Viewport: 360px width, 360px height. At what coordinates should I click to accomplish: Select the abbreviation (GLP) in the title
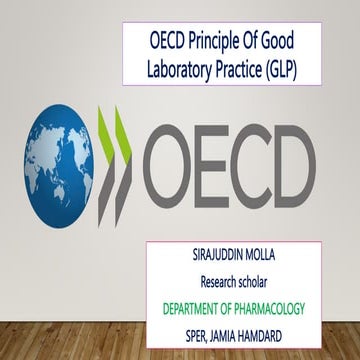pos(296,73)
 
